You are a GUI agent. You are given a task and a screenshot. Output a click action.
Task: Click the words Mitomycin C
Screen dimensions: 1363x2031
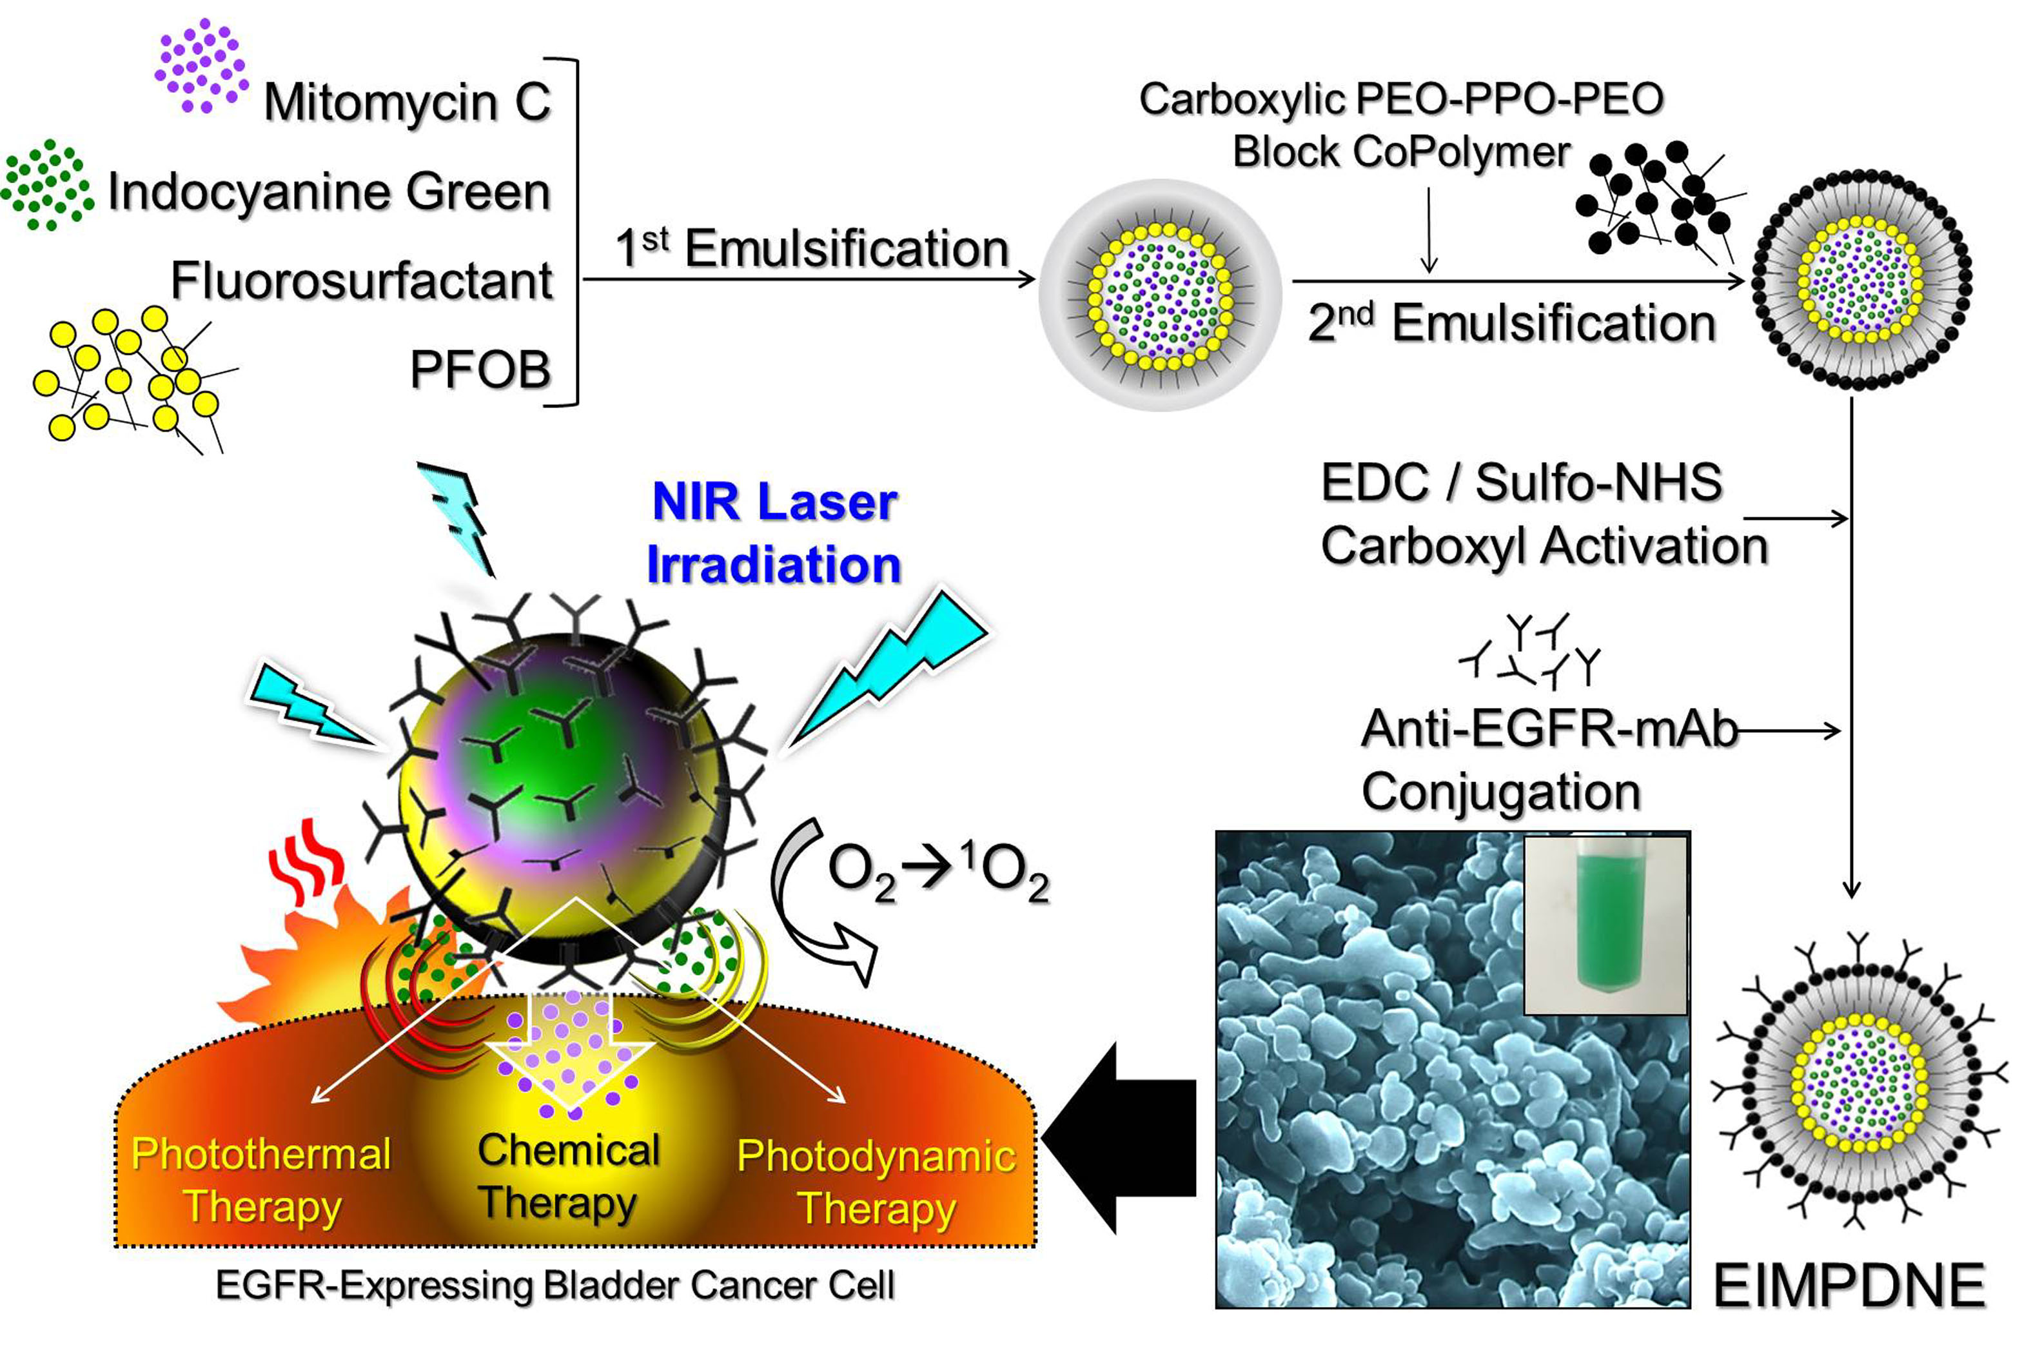pyautogui.click(x=407, y=103)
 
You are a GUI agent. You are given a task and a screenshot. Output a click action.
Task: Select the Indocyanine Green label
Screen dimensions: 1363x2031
pyautogui.click(x=328, y=191)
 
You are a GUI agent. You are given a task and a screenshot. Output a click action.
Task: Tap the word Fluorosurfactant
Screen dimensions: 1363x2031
pyautogui.click(x=362, y=280)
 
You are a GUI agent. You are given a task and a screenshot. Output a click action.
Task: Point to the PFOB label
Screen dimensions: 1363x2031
pyautogui.click(x=480, y=369)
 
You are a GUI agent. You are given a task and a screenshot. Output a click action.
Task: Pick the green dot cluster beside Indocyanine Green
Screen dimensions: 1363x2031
pyautogui.click(x=46, y=185)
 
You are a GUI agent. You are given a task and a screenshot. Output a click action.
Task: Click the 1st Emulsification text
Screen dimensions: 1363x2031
pyautogui.click(x=811, y=249)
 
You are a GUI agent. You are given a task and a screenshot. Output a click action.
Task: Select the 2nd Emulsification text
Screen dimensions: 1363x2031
pyautogui.click(x=1511, y=324)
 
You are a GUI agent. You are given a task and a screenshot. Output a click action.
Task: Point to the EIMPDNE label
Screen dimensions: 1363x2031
pyautogui.click(x=1849, y=1286)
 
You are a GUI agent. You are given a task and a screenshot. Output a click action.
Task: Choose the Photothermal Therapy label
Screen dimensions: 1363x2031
pyautogui.click(x=260, y=1180)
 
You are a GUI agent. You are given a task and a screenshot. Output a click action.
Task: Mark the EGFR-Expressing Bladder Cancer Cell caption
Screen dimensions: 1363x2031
pyautogui.click(x=554, y=1286)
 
